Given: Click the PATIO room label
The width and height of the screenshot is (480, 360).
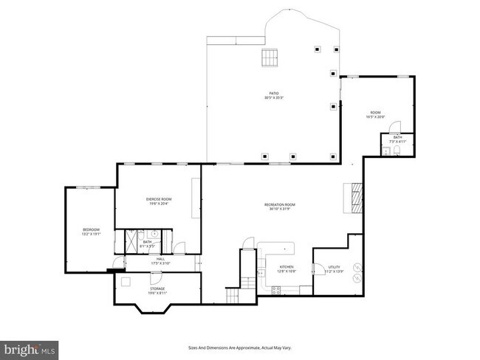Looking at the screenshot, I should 274,93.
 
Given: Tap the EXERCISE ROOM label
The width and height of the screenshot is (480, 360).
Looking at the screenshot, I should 158,199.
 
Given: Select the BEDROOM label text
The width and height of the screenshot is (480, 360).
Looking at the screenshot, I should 91,230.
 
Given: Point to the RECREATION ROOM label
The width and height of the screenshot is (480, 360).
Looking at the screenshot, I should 280,204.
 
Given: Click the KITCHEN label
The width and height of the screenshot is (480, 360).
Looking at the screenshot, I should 287,266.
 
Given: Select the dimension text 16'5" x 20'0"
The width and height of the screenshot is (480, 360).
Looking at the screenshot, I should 376,117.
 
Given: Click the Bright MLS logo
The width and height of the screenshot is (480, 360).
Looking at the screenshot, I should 30,347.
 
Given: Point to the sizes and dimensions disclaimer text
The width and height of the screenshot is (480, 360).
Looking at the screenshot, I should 239,347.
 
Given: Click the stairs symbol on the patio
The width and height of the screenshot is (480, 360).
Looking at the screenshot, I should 270,58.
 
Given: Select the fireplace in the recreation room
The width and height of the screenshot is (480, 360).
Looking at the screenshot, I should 357,197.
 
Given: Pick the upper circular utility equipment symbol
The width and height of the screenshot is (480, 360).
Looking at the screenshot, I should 357,267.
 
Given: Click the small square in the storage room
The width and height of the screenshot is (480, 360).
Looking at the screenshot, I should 126,281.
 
